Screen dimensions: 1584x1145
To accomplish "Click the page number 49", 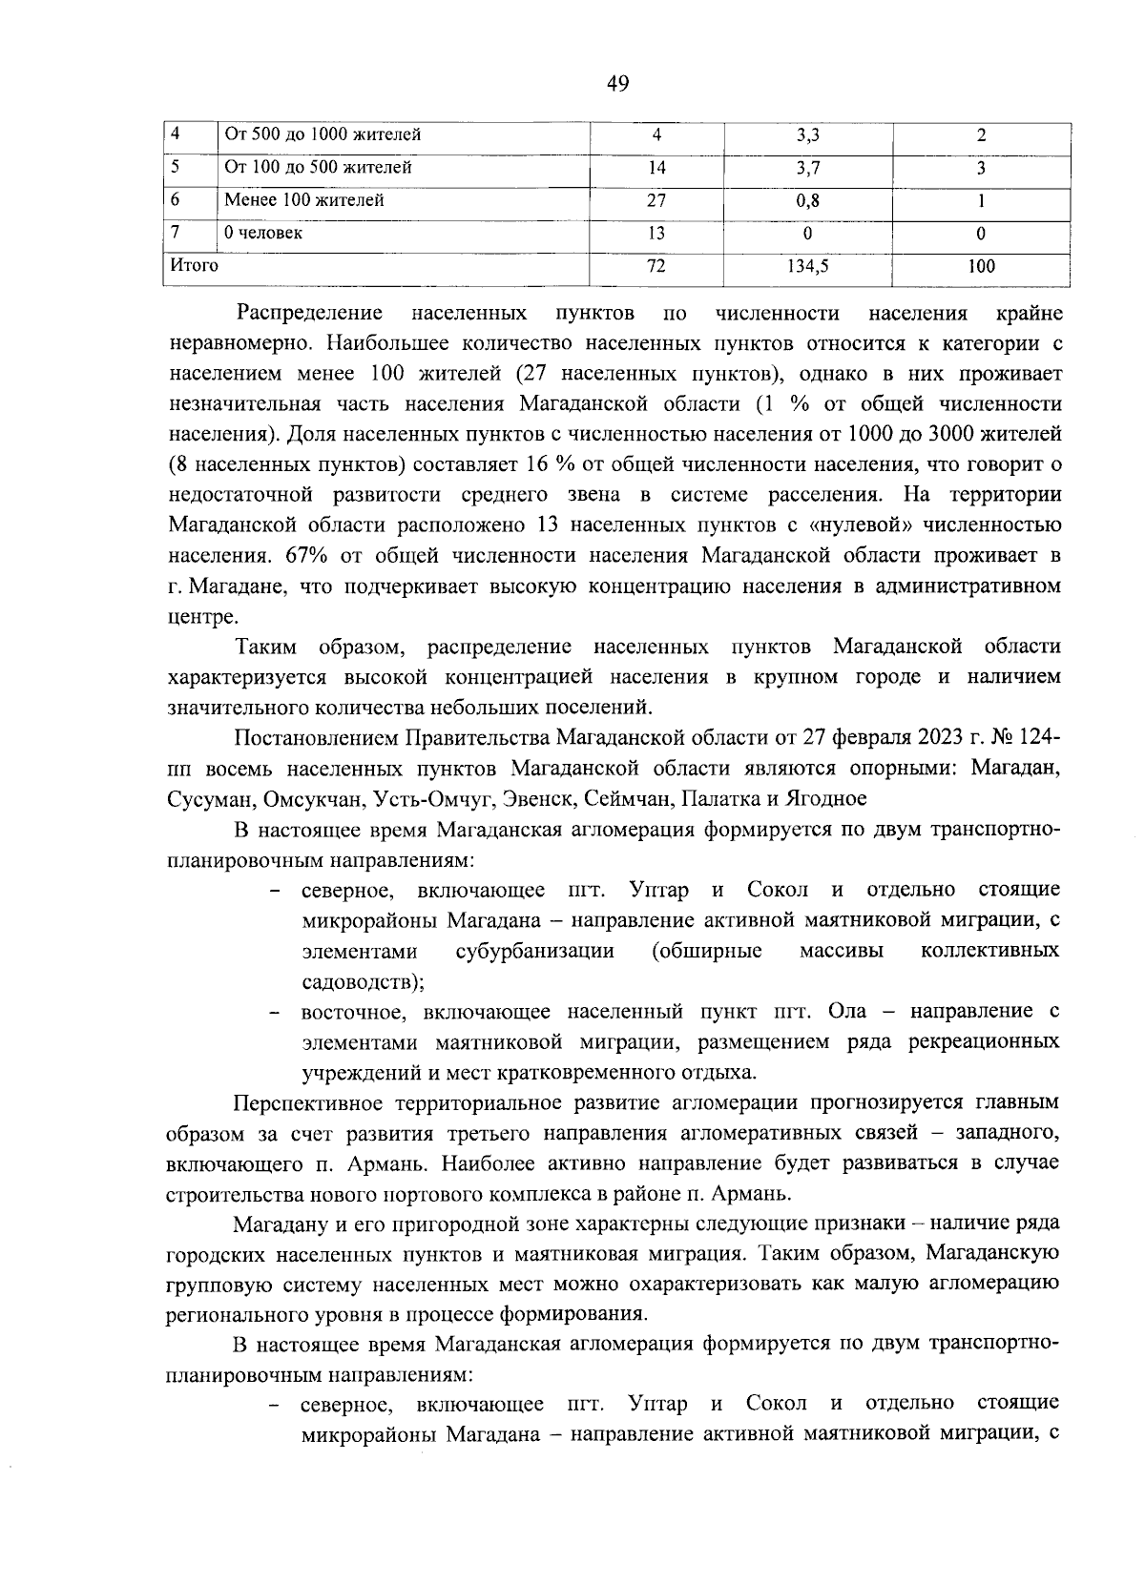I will coord(617,84).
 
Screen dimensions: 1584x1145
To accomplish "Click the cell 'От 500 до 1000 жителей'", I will coord(322,134).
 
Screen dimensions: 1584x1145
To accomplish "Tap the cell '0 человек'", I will coord(263,233).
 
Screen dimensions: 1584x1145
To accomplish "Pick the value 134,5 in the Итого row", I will coord(807,266).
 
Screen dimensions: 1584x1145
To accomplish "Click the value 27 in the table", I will coord(656,200).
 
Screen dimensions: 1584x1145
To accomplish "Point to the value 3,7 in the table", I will coord(807,168).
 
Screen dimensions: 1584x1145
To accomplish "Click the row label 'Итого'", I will coord(194,265).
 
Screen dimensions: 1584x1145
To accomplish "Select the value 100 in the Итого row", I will coord(980,266).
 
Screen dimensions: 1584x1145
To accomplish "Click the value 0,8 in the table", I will coord(807,200).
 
